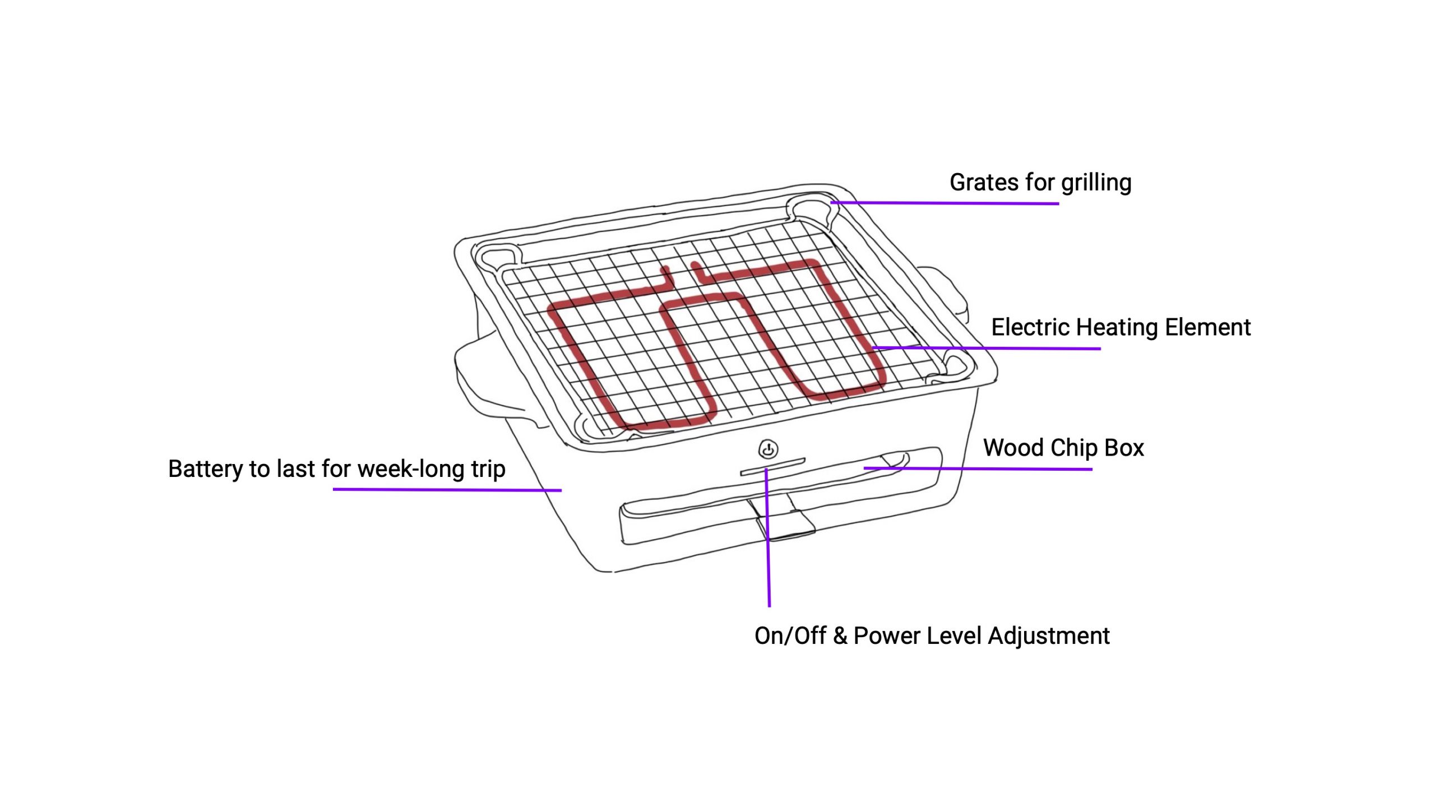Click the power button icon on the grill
[768, 449]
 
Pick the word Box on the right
[1124, 448]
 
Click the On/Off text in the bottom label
[790, 636]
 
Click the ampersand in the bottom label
[840, 636]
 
